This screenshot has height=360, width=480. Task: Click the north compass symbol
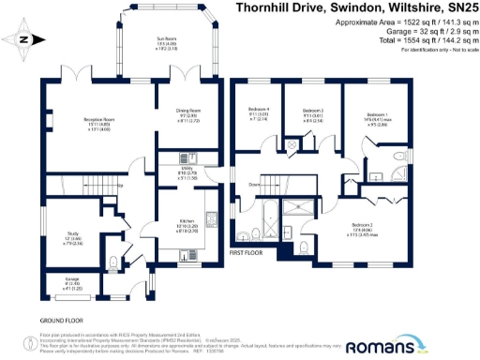[23, 38]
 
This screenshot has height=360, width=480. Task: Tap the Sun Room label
[166, 38]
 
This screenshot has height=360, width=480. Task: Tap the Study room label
[71, 233]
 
